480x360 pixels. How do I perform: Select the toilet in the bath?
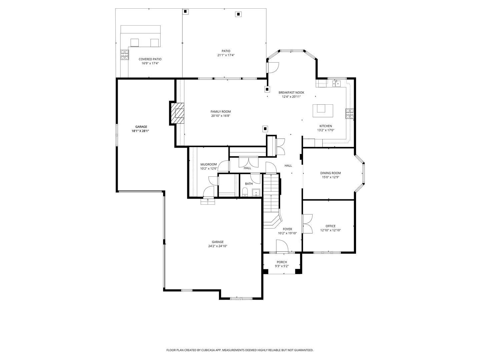[x=245, y=192]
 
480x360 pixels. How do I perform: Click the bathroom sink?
[x=256, y=192]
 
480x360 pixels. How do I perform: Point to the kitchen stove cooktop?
[x=350, y=114]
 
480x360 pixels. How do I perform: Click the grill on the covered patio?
[x=125, y=54]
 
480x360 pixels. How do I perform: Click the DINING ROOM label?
[x=330, y=173]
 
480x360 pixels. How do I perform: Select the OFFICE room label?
[x=330, y=226]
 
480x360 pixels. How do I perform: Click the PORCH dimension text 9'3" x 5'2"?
[x=282, y=266]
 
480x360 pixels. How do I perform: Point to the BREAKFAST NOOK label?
[x=291, y=92]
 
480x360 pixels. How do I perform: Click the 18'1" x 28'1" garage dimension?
[x=140, y=131]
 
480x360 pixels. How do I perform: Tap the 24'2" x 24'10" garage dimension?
[x=218, y=246]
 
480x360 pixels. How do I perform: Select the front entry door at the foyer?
[x=282, y=247]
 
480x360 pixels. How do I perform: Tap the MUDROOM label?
[x=209, y=164]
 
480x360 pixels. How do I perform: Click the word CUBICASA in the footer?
[x=207, y=350]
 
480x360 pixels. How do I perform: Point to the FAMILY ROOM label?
[x=220, y=112]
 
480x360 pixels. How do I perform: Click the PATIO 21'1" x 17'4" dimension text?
[x=226, y=55]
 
